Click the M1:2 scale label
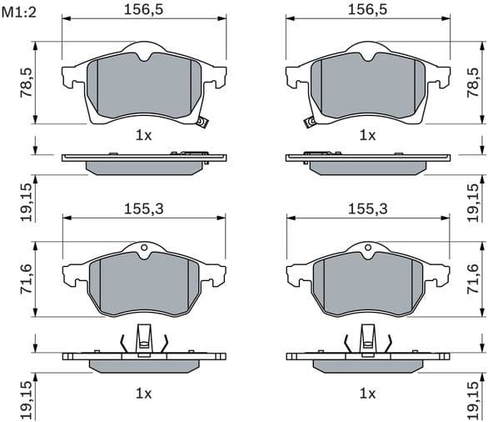(x=19, y=12)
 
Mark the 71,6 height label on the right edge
(x=474, y=279)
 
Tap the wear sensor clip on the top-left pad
(x=201, y=123)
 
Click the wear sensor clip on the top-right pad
(x=310, y=123)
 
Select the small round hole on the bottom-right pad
(x=367, y=247)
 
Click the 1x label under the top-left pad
(x=143, y=134)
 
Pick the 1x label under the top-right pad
(x=366, y=134)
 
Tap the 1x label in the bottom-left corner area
(x=143, y=392)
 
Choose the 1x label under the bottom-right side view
(x=366, y=392)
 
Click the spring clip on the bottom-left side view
(x=144, y=340)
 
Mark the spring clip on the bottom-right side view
(x=367, y=340)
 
